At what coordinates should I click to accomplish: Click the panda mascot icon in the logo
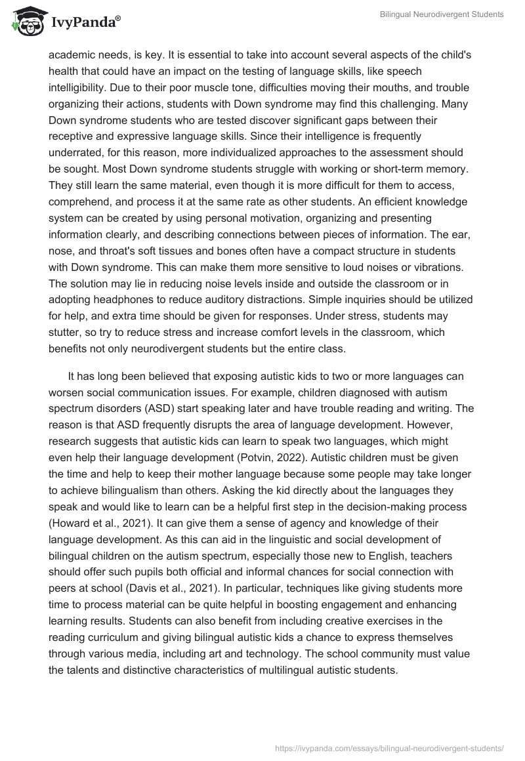(x=26, y=22)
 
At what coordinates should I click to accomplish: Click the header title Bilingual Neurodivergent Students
(x=442, y=14)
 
